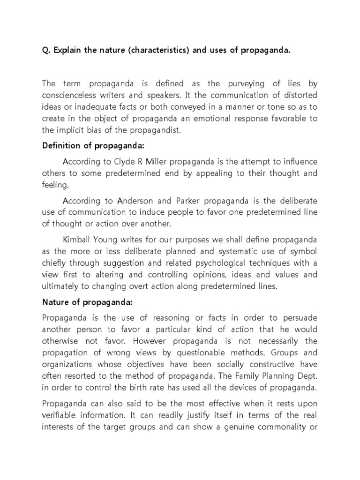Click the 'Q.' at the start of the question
point(46,50)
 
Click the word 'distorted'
point(301,96)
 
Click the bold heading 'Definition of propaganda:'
point(85,146)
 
